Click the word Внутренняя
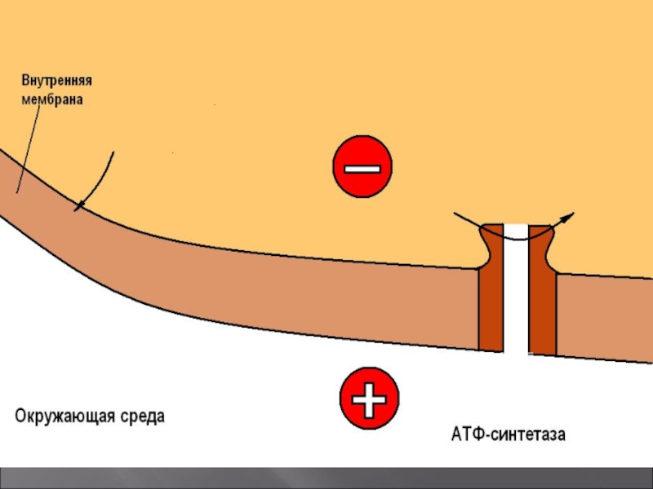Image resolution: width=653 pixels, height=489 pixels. (56, 82)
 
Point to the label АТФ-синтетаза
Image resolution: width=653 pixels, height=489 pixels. (508, 434)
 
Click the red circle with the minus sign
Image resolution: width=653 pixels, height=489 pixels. (362, 167)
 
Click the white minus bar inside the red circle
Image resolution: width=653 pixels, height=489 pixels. (362, 168)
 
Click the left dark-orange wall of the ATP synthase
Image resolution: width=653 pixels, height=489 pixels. (490, 302)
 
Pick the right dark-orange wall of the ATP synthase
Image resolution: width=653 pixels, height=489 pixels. (544, 302)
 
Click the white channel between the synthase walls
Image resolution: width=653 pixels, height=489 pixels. (517, 302)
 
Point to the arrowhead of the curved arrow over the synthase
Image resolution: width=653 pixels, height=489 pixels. (569, 216)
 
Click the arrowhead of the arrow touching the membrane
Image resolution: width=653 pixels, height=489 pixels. (79, 207)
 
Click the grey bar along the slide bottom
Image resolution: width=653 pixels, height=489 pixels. (326, 478)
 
